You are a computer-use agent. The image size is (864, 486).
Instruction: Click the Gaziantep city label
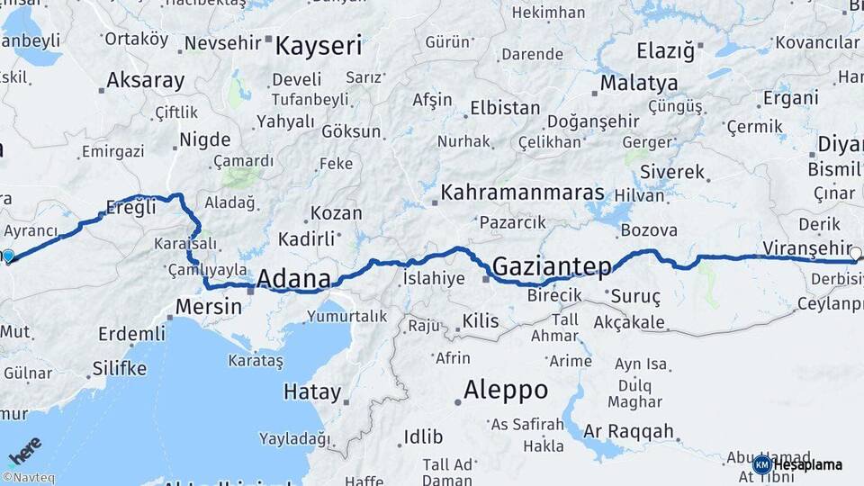[x=552, y=266]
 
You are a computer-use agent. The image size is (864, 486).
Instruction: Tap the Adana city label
[x=293, y=279]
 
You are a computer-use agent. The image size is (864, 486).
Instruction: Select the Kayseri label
[x=319, y=45]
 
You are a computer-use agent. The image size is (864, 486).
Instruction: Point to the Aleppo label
[x=505, y=390]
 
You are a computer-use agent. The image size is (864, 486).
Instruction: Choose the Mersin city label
[x=209, y=306]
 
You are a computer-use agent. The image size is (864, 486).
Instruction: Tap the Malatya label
[x=639, y=84]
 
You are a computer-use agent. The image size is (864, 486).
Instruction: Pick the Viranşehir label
[x=806, y=247]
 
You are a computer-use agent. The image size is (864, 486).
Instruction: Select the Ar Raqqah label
[x=628, y=432]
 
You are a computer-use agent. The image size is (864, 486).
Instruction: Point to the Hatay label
[x=312, y=392]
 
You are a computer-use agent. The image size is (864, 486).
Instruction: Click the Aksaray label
[x=146, y=80]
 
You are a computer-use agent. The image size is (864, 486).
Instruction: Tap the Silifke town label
[x=119, y=368]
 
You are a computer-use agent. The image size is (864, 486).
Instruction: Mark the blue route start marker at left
[x=8, y=256]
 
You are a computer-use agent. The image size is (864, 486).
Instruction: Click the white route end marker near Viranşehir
[x=855, y=254]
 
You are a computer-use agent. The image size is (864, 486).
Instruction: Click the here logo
[x=24, y=450]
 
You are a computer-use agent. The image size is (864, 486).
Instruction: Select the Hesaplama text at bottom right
[x=808, y=464]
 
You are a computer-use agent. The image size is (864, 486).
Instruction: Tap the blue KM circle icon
[x=761, y=464]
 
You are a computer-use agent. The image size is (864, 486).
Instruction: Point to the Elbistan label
[x=505, y=108]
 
